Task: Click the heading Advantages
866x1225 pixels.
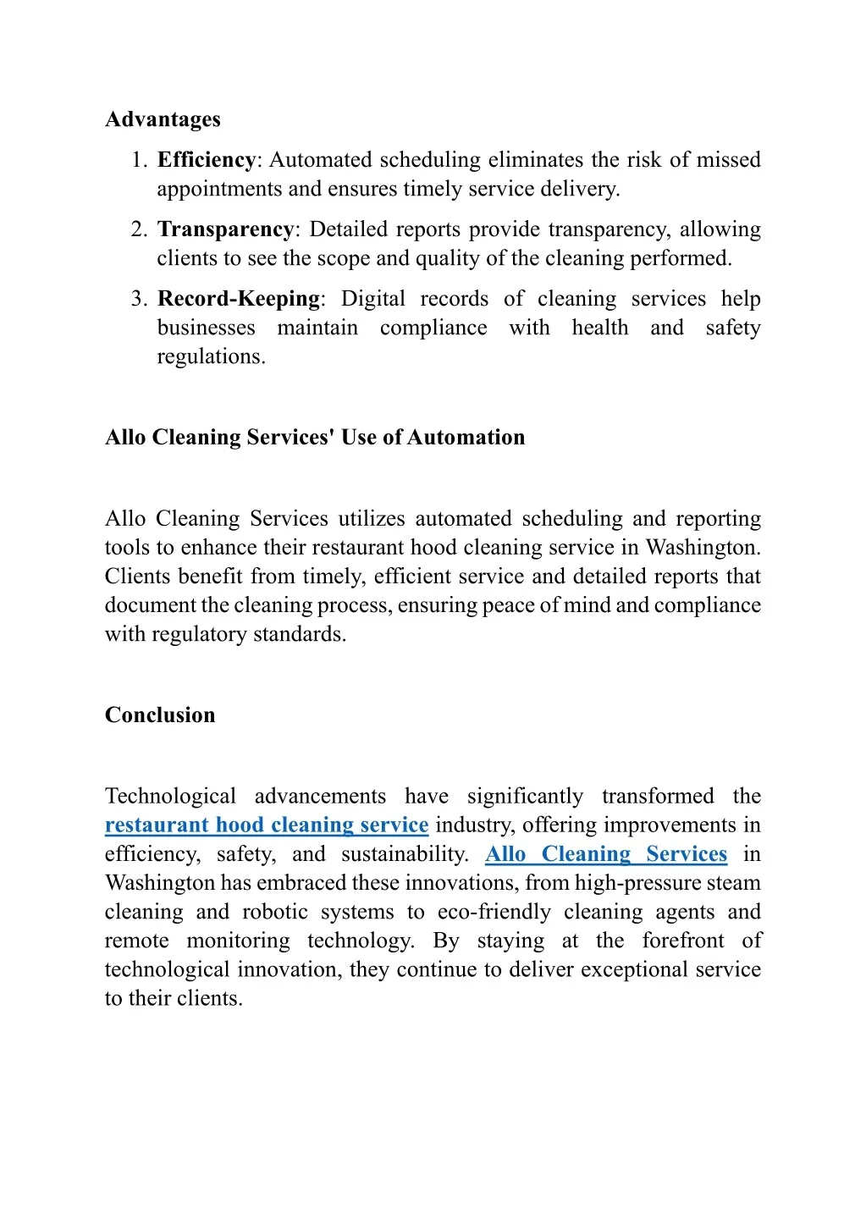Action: pyautogui.click(x=163, y=119)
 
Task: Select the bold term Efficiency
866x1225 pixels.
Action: pyautogui.click(x=207, y=160)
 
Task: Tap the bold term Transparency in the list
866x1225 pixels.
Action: pyautogui.click(x=225, y=229)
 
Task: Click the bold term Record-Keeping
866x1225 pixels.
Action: pyautogui.click(x=239, y=299)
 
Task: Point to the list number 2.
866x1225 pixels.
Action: pyautogui.click(x=139, y=229)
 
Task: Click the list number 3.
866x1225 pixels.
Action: pyautogui.click(x=139, y=299)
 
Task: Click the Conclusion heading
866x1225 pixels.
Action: pyautogui.click(x=160, y=715)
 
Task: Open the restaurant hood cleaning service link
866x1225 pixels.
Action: pyautogui.click(x=267, y=825)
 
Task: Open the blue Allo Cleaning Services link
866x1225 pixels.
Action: pyautogui.click(x=606, y=854)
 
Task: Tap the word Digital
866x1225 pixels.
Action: pyautogui.click(x=372, y=299)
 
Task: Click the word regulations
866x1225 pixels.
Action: pyautogui.click(x=211, y=356)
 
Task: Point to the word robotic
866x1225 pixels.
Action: pyautogui.click(x=275, y=912)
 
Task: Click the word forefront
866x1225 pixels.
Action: pyautogui.click(x=683, y=941)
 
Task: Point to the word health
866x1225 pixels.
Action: pyautogui.click(x=600, y=328)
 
